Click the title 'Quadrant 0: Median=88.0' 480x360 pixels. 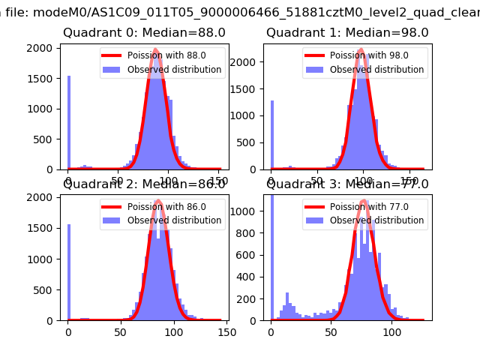point(144,33)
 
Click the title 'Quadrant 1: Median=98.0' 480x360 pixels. point(347,33)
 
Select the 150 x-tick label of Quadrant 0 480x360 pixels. point(218,181)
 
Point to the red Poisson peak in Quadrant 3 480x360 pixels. point(363,200)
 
